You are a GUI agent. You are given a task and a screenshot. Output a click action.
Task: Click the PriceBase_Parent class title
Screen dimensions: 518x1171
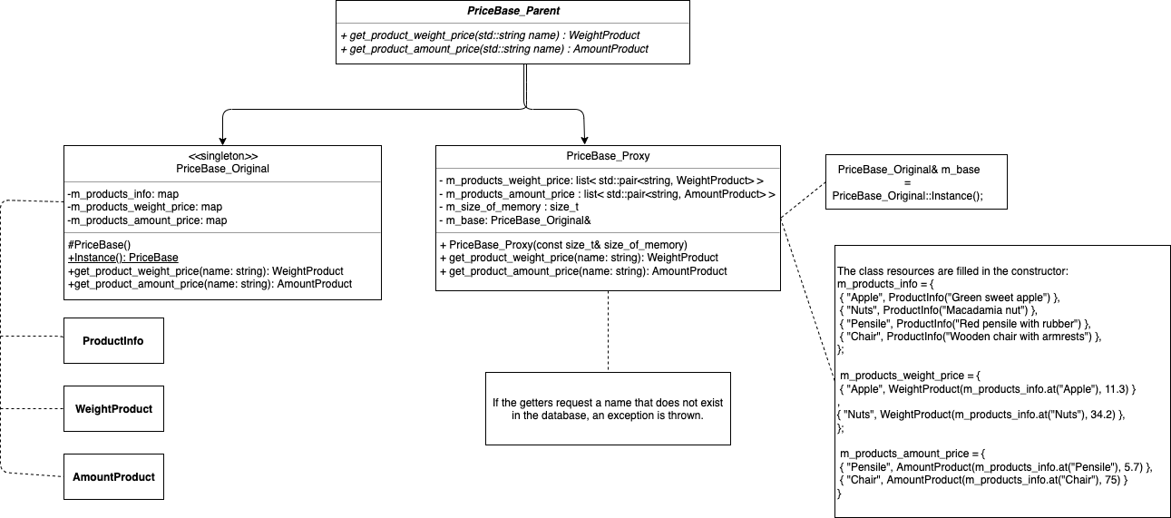click(x=512, y=12)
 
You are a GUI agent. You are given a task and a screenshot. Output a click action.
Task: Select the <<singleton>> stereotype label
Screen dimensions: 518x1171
click(x=222, y=155)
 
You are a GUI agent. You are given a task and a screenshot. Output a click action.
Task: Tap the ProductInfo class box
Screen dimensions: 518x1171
click(x=113, y=341)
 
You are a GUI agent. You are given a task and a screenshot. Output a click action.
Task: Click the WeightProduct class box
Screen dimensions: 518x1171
click(x=113, y=409)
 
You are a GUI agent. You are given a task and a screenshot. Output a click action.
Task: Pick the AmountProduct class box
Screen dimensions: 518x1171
click(x=113, y=476)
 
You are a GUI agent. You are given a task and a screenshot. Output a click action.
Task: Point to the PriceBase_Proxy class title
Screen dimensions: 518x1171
click(x=607, y=155)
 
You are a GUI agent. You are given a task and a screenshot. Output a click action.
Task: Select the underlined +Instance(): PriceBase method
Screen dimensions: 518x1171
click(x=122, y=257)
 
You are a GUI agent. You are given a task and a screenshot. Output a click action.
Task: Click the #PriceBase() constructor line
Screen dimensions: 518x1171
click(x=99, y=243)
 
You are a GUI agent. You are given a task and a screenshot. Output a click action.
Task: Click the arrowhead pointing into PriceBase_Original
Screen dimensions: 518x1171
click(x=222, y=138)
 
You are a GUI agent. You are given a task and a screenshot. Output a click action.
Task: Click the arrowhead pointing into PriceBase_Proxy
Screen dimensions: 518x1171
click(x=584, y=138)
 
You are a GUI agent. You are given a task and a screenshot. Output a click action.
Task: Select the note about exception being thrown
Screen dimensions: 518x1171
click(x=607, y=408)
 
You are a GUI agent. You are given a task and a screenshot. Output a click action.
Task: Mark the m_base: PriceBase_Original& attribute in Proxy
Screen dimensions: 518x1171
click(x=516, y=221)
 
